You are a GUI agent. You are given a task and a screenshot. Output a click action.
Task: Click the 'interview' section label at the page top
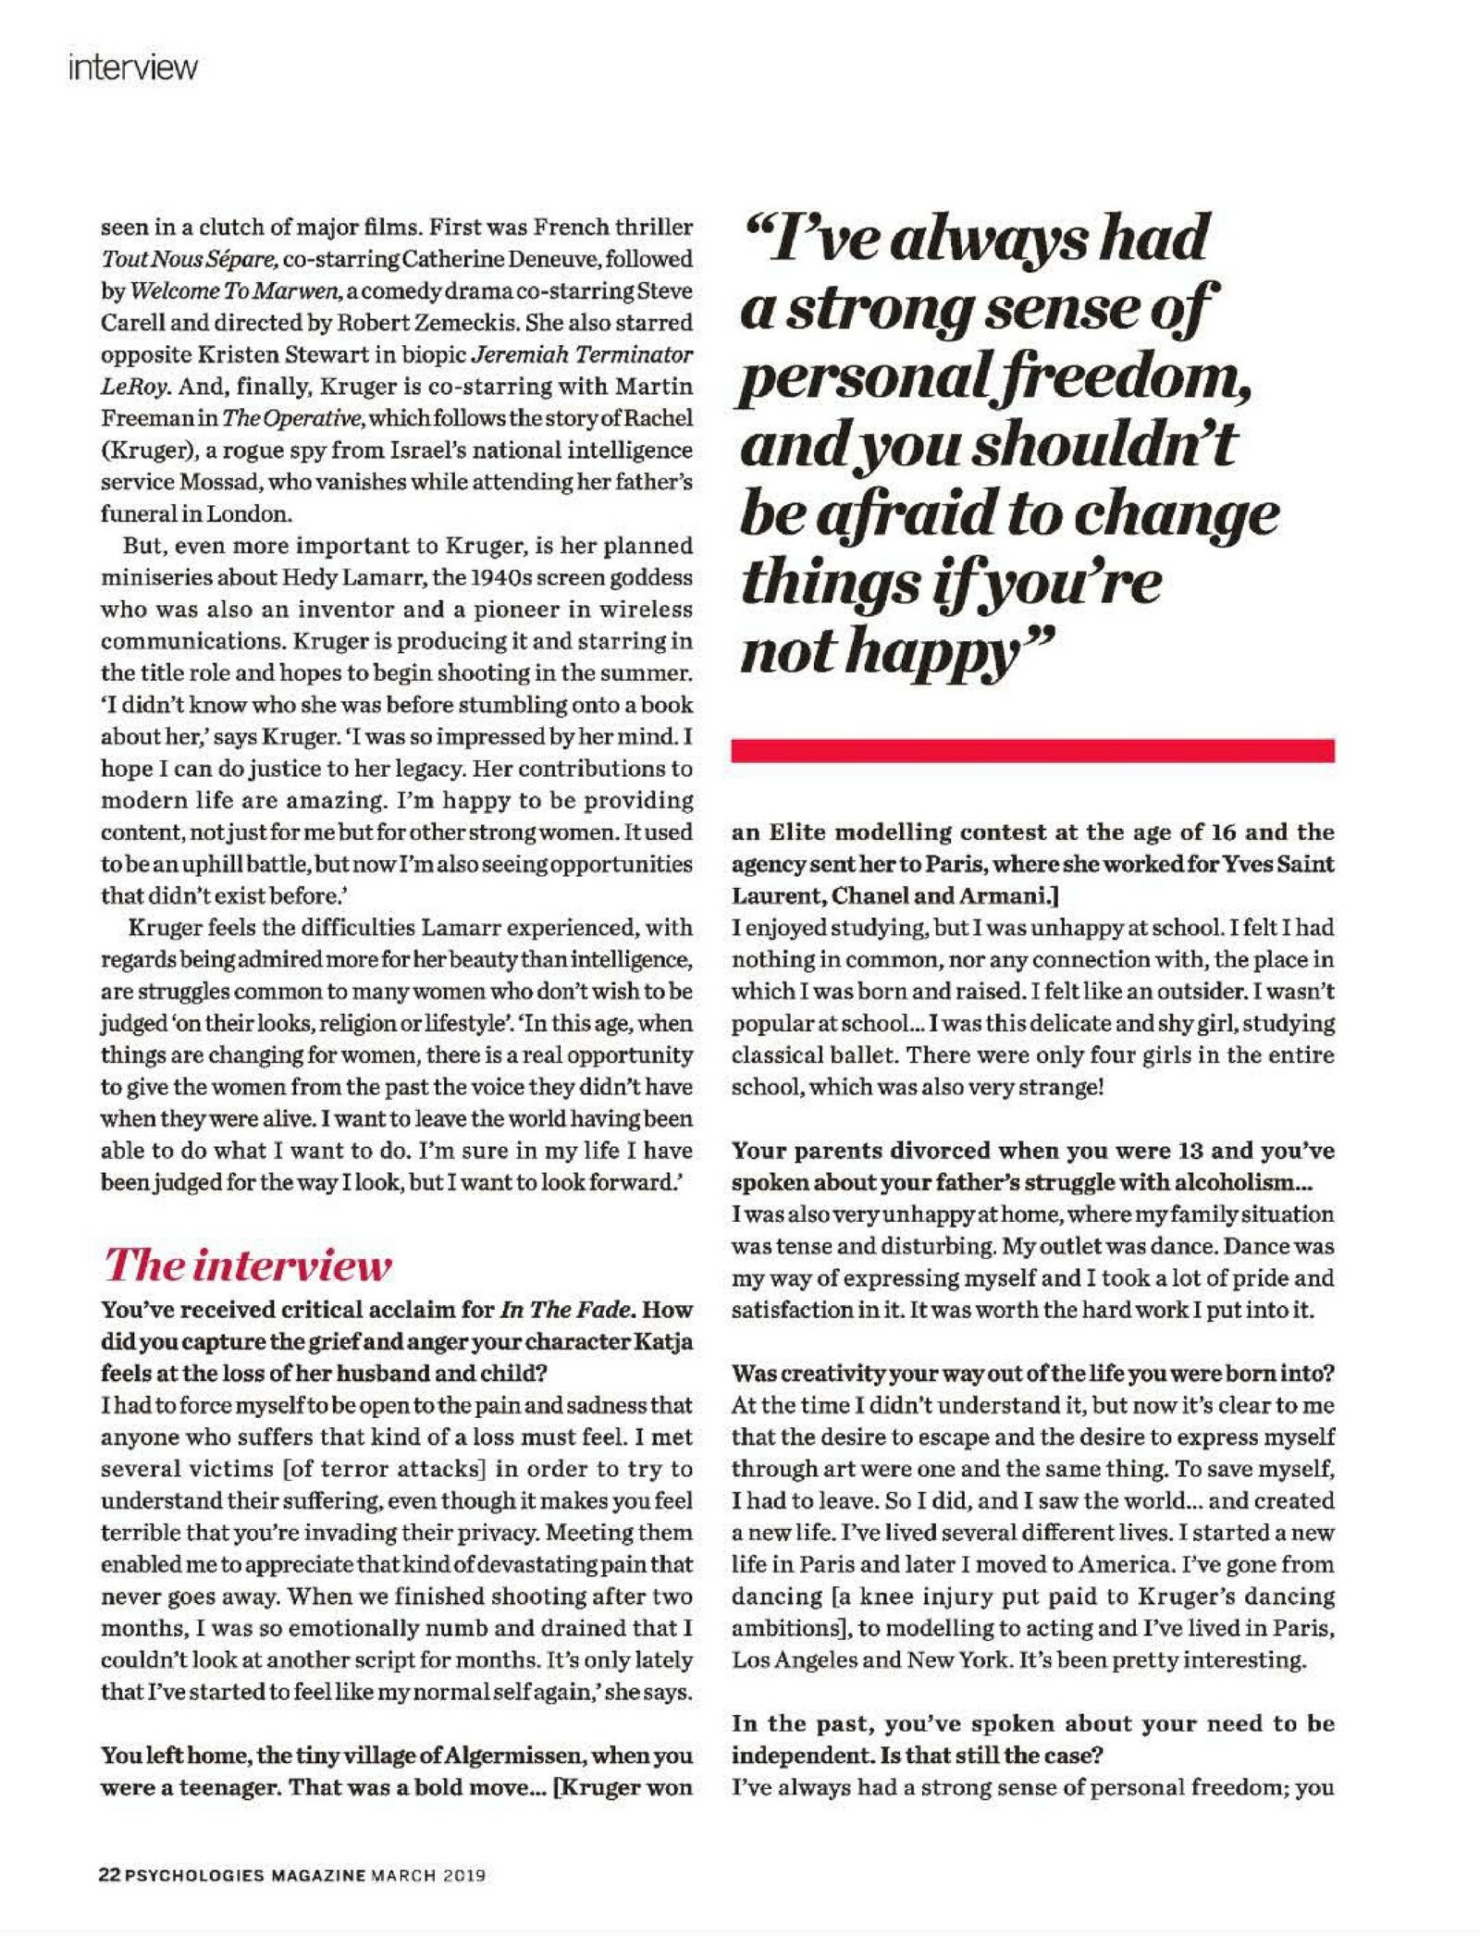132,68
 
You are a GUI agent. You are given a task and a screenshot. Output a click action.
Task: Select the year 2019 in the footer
464,1876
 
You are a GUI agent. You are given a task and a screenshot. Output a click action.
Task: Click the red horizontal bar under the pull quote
1031,750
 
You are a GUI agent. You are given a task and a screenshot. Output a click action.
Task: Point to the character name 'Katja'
661,1341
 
